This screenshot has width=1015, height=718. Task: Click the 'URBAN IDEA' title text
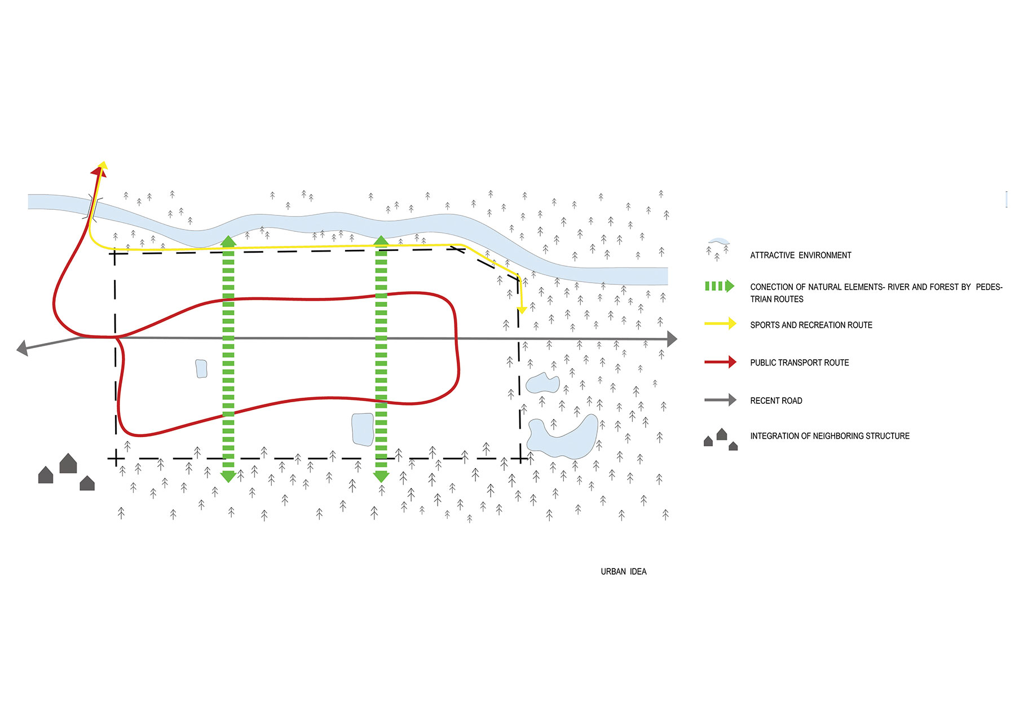click(623, 571)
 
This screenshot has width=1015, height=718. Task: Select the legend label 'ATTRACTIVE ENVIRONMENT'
click(800, 256)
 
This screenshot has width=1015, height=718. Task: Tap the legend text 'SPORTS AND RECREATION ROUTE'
click(811, 325)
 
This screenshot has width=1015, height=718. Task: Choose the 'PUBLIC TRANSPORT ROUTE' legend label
click(799, 363)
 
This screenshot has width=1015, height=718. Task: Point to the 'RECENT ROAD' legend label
click(776, 400)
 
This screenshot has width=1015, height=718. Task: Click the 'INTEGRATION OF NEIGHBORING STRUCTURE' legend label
click(829, 436)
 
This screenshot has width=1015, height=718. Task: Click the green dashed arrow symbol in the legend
click(720, 286)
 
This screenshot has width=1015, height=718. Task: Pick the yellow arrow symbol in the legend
click(720, 324)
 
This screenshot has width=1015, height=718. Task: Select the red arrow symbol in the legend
click(720, 362)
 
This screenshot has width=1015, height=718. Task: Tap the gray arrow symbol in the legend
click(720, 400)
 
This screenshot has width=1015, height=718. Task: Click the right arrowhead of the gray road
click(672, 339)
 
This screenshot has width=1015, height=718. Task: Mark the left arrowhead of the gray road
click(23, 348)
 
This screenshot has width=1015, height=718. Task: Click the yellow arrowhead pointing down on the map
click(522, 310)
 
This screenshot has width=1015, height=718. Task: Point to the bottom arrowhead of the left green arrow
click(228, 477)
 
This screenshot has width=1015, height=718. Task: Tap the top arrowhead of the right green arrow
click(381, 241)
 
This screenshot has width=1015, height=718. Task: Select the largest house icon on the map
click(68, 464)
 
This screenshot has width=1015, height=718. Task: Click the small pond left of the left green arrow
click(201, 368)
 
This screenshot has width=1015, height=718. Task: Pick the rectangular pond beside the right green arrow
click(362, 429)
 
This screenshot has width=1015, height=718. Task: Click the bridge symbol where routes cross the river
click(94, 207)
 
